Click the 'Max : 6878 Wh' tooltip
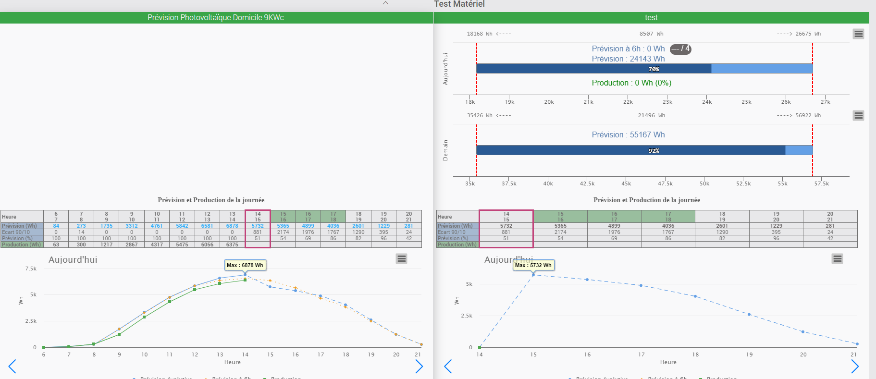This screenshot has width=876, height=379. click(245, 265)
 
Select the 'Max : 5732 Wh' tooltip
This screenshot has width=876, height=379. click(533, 265)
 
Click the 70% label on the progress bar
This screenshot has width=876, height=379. click(654, 69)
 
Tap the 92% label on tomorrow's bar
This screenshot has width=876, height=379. click(654, 151)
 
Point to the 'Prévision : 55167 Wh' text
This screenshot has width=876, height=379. click(628, 135)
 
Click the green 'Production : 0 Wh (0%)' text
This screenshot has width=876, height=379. click(631, 83)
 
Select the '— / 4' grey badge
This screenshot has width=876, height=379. click(680, 49)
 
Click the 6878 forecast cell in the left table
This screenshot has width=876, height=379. click(232, 226)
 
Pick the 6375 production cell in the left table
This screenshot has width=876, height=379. click(232, 245)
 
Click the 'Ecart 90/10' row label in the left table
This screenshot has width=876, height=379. click(16, 232)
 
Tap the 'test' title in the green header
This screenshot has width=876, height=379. click(651, 18)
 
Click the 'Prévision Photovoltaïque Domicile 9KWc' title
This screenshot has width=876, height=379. click(216, 18)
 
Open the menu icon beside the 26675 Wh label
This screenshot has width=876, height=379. click(858, 34)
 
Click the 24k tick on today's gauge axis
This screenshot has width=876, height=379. click(707, 102)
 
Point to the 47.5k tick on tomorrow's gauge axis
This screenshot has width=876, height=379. click(665, 183)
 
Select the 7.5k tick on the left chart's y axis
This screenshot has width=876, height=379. click(31, 269)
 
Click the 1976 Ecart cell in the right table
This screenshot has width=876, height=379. click(614, 232)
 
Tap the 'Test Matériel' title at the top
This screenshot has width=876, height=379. click(459, 4)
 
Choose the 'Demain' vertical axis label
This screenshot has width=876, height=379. click(445, 150)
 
